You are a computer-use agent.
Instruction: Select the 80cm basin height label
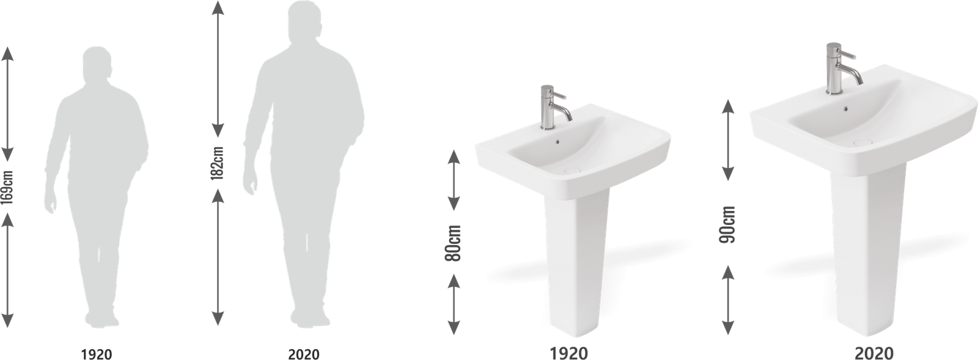click(453, 243)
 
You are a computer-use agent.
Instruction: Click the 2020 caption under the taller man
click(303, 354)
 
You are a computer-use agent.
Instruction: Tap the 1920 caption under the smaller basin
click(569, 353)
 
